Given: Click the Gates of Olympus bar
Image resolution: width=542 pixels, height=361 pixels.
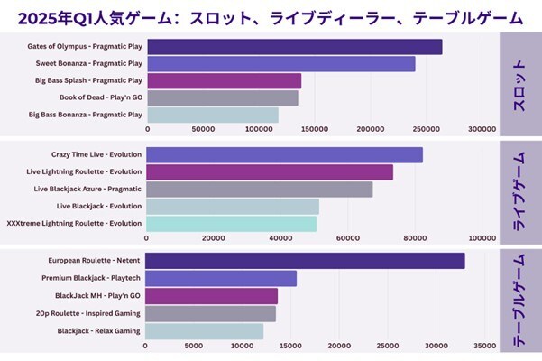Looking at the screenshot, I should pyautogui.click(x=294, y=47).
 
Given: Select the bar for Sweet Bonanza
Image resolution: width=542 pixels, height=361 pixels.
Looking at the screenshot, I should pyautogui.click(x=280, y=64).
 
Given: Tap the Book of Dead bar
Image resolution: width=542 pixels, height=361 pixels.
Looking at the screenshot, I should pyautogui.click(x=222, y=97).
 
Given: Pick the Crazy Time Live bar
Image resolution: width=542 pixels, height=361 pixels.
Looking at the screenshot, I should pyautogui.click(x=284, y=155).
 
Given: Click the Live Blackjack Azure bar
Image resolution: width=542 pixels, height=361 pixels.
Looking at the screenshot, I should pyautogui.click(x=260, y=189).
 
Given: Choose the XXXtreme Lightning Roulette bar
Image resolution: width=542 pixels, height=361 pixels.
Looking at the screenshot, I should pyautogui.click(x=232, y=223).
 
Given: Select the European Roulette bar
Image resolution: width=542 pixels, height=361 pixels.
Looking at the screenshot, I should pyautogui.click(x=305, y=261).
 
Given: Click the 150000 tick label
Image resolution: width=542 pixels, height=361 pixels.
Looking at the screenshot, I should pyautogui.click(x=315, y=130).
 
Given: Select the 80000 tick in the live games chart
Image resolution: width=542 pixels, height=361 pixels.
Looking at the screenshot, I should pyautogui.click(x=415, y=238).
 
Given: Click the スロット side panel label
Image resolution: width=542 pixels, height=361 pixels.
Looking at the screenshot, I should pyautogui.click(x=519, y=83).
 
